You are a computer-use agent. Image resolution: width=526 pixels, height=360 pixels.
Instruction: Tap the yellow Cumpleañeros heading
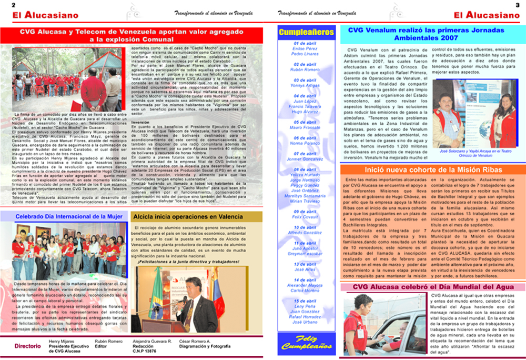coord(306,32)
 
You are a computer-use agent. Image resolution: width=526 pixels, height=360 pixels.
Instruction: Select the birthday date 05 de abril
coord(305,122)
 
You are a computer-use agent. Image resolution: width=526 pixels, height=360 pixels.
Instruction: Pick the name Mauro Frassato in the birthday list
coord(305,128)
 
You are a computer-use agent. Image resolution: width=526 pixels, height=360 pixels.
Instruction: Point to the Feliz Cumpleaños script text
coord(306,342)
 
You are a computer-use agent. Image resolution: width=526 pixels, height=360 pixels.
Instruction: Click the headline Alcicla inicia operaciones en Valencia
coord(196,216)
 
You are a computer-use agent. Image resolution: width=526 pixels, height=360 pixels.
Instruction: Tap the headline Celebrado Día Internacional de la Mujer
coord(69,216)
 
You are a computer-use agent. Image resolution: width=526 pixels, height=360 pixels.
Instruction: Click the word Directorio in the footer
coord(28,346)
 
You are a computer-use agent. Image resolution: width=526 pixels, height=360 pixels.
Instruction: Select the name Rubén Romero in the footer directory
coord(108,342)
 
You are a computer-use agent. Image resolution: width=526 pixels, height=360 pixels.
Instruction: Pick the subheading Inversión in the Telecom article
coord(140,122)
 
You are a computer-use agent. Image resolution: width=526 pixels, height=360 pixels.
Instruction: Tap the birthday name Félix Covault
coord(305,217)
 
